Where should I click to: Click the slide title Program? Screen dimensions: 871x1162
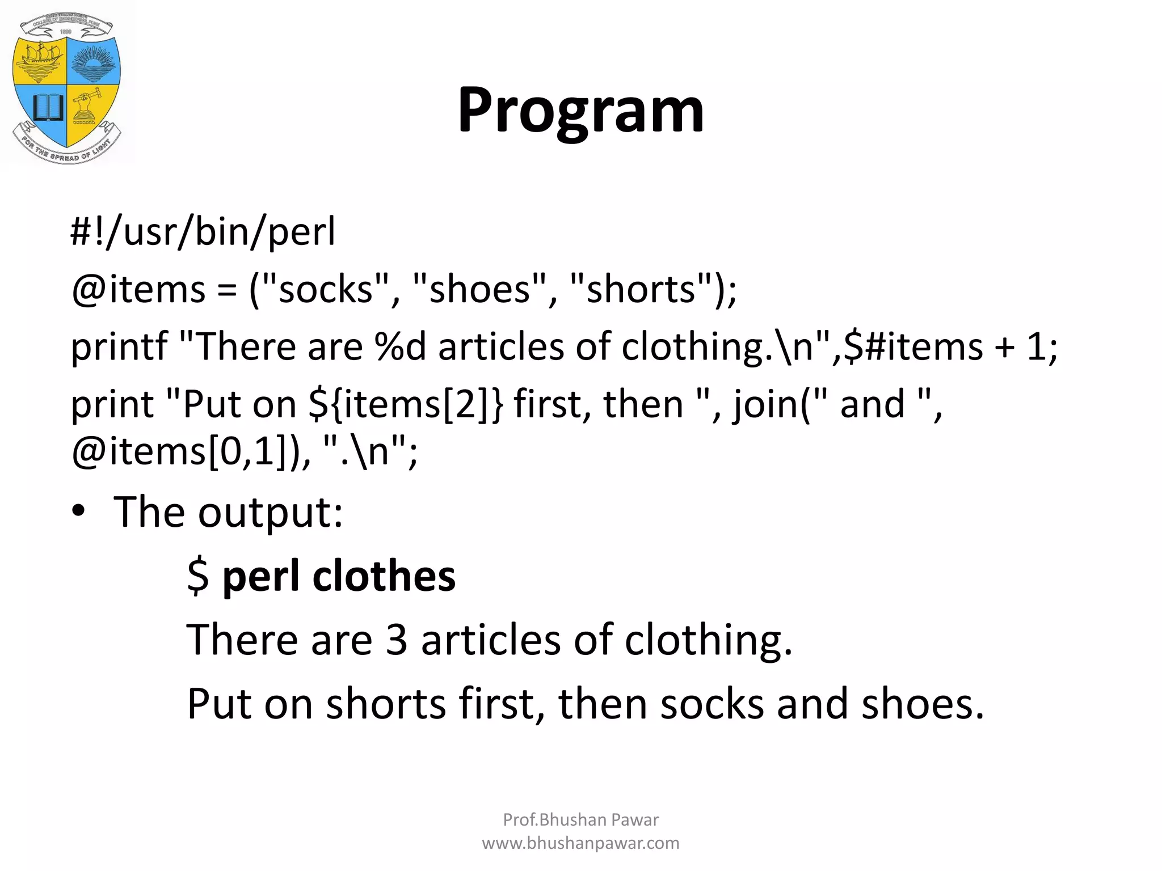pos(580,111)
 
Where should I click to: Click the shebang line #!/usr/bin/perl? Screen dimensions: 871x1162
pos(203,232)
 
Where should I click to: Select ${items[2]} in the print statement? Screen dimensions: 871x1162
pos(406,405)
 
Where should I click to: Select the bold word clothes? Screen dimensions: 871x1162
pos(384,576)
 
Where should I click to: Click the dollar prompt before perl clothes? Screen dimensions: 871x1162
pos(198,576)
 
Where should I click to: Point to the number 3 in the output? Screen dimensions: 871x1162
pos(397,640)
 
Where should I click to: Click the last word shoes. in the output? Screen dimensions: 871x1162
pos(923,704)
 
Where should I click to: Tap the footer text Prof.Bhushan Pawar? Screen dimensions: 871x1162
pos(580,819)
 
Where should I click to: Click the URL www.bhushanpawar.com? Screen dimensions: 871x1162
pos(580,843)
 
